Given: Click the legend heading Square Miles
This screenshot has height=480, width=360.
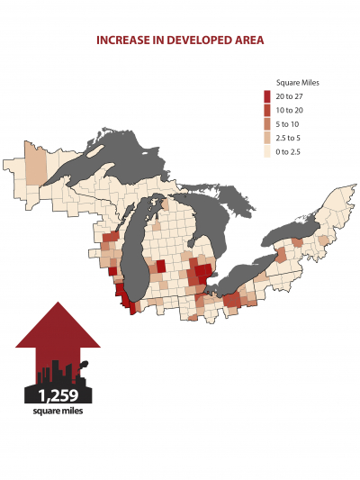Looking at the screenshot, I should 298,83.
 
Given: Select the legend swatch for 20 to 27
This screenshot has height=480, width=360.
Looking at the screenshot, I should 267,96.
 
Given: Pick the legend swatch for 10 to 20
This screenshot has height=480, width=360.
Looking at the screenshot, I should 267,110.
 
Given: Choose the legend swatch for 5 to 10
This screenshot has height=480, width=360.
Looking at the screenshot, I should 267,123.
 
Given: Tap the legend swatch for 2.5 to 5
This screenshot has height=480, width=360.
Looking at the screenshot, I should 267,138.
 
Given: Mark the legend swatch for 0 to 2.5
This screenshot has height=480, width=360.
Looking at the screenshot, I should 267,151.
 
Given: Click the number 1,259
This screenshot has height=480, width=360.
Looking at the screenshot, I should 58,394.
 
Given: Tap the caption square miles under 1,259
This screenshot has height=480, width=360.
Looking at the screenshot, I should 58,411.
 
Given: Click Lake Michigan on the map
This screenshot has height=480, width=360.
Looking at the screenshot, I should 135,252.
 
